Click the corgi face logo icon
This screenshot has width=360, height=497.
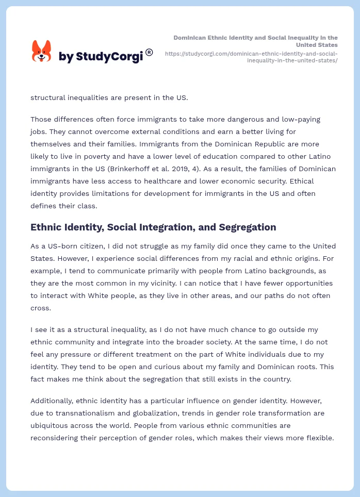[42, 52]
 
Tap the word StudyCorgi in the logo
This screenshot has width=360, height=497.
[109, 57]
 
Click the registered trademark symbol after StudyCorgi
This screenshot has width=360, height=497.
[149, 52]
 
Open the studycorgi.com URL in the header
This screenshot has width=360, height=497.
[251, 57]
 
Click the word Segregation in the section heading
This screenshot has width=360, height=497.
[247, 227]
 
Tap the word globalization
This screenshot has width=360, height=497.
[153, 413]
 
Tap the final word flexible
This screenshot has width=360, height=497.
[320, 438]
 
